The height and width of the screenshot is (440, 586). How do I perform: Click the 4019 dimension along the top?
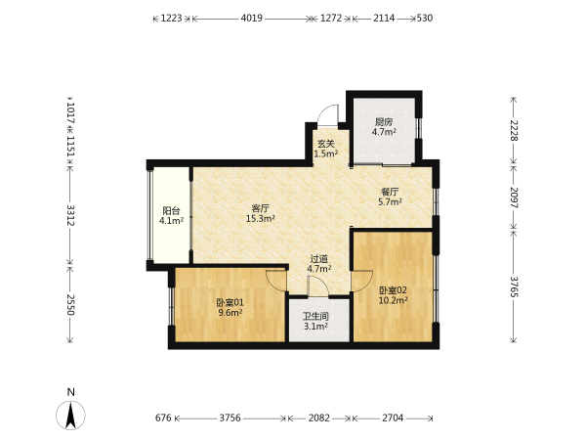(252, 18)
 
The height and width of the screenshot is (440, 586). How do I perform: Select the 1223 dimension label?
(171, 18)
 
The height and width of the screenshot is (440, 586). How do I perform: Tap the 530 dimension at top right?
(425, 18)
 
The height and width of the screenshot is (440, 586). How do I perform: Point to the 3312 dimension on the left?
(70, 215)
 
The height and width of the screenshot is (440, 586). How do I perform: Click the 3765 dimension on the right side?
(515, 286)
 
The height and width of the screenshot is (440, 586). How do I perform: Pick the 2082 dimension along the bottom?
(318, 418)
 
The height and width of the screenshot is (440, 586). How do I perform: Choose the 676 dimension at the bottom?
(163, 418)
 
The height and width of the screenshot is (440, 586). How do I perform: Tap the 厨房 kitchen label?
(384, 122)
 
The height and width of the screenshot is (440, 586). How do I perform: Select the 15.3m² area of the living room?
(261, 218)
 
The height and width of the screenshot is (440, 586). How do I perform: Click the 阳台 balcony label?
(171, 210)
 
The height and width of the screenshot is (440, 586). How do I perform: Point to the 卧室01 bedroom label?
(230, 302)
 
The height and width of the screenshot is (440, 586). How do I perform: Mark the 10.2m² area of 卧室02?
(393, 300)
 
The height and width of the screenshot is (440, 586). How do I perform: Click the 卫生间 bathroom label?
(315, 317)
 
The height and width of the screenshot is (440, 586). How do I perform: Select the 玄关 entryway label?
(325, 144)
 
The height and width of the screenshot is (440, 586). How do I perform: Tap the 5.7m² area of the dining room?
(390, 202)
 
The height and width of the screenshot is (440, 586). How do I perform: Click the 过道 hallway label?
(318, 258)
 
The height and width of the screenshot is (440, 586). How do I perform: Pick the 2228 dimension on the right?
(515, 130)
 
